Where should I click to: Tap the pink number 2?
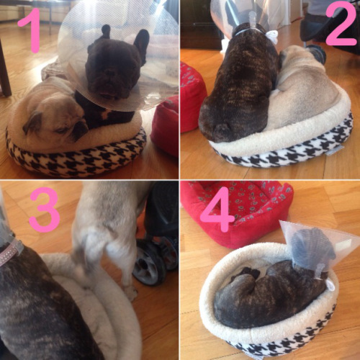tap(341, 24)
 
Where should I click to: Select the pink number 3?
tap(45, 210)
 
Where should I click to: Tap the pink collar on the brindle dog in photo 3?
tap(9, 252)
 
